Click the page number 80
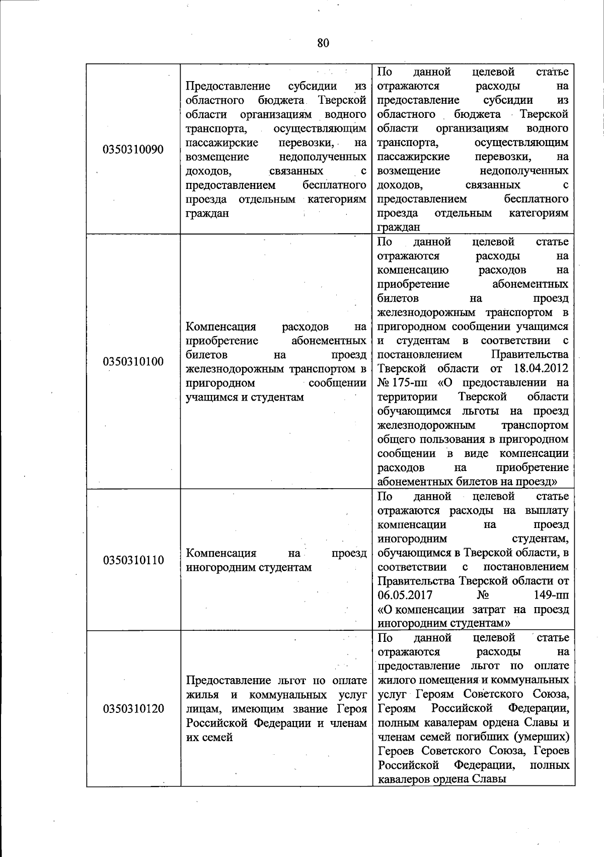pos(323,43)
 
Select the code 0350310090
pos(133,150)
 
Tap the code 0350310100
pos(133,362)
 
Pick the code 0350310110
pos(133,560)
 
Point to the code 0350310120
pos(133,709)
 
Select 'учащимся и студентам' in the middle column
pos(245,397)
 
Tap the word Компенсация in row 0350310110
pos(221,553)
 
